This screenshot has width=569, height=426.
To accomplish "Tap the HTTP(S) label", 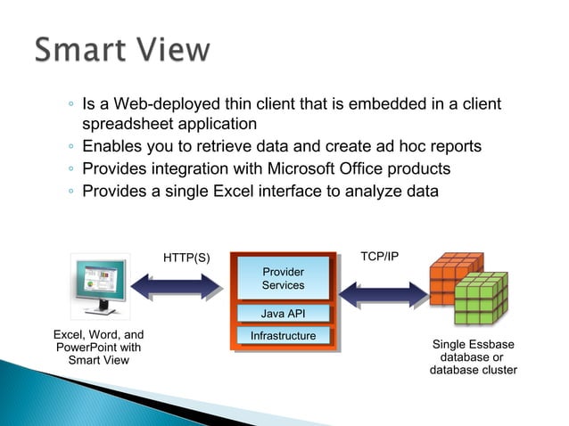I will [186, 258].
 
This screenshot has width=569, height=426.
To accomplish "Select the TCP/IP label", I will [379, 257].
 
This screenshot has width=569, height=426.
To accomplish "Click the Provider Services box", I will [283, 279].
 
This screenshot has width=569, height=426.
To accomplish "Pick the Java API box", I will [283, 314].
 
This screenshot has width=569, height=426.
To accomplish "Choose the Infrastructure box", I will [283, 336].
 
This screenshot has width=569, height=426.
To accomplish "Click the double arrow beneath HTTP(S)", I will [177, 285].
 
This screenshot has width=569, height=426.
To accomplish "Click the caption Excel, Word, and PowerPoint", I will [98, 348].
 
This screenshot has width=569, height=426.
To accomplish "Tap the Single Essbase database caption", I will [473, 356].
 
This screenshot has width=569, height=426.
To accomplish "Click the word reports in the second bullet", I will [452, 146].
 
